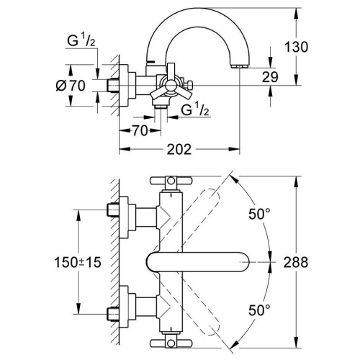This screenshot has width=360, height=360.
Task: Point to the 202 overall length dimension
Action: pos(179,150)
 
